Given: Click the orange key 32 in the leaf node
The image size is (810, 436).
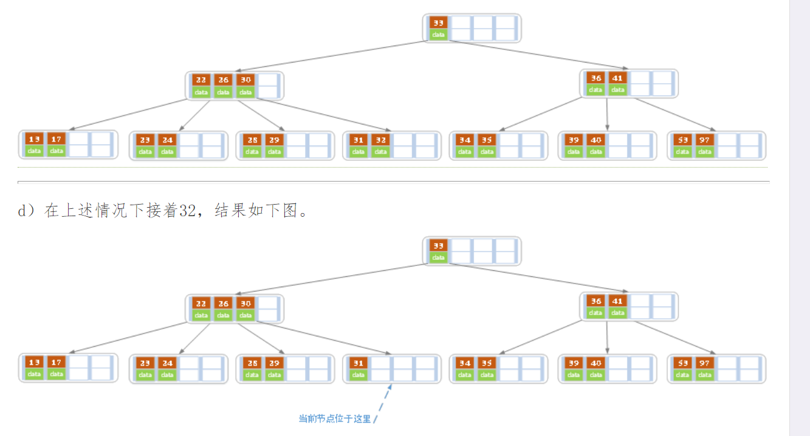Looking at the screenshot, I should pos(380,140).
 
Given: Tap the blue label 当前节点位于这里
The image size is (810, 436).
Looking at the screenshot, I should pos(334,418).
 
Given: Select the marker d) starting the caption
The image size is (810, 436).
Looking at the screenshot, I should pos(27,211).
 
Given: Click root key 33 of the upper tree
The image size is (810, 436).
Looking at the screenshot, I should pos(438,22).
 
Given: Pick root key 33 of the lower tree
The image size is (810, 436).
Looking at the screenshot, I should pos(438,245).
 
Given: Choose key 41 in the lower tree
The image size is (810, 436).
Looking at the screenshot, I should pos(617,301).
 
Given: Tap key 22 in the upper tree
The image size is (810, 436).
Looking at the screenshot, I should pos(201,80).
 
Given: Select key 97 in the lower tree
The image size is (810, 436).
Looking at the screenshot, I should pos(704,363).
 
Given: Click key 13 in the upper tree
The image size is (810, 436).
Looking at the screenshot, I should pos(35,139).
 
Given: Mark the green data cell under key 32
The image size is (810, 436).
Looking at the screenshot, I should pos(380,151).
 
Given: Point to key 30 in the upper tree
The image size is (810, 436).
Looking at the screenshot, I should pos(245,80).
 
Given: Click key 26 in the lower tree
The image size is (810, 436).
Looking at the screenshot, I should pos(223,302).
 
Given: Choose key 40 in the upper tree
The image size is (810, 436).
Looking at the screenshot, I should pos(595,140).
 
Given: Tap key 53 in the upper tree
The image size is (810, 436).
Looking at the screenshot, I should pos(682,140).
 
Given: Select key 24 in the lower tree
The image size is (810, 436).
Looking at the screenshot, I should pos(167,363).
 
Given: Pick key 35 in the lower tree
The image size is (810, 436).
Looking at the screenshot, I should pos(487,363).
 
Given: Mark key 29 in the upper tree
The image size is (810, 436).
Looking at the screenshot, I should pos(274,140).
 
